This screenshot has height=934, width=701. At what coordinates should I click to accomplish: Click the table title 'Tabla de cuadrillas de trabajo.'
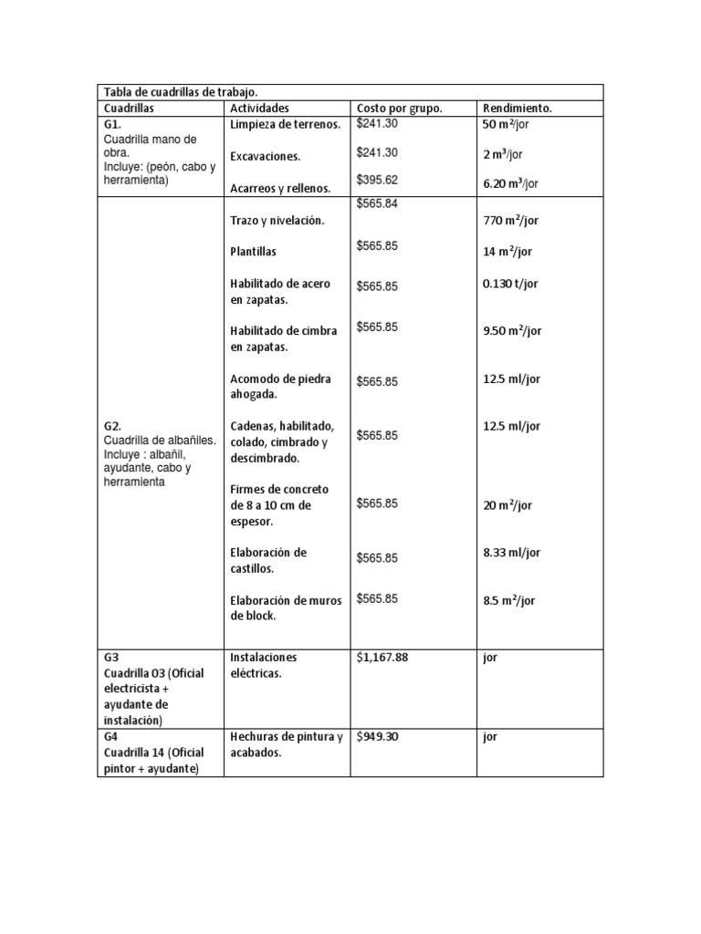[x=181, y=92]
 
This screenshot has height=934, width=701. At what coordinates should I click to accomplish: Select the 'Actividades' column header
[x=259, y=108]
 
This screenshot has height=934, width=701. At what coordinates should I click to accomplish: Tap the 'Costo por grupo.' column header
[x=399, y=108]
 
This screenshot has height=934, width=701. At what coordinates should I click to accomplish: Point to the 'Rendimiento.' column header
[x=518, y=108]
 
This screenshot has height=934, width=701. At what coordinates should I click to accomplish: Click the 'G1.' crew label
[x=113, y=124]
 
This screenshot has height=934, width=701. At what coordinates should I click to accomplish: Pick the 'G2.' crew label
[x=113, y=426]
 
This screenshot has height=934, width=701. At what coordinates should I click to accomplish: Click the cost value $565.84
[x=377, y=203]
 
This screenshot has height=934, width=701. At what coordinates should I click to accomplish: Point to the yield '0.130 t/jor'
[x=510, y=284]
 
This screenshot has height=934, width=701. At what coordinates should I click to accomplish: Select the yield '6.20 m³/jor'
[x=511, y=183]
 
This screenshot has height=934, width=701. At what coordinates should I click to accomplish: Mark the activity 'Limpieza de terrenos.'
[x=286, y=124]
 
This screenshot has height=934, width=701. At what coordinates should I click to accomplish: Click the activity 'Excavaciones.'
[x=266, y=156]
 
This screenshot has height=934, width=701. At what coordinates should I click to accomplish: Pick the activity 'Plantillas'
[x=253, y=251]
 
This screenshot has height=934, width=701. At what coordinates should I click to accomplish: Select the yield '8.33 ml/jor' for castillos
[x=511, y=553]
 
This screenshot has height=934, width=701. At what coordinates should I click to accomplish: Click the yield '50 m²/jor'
[x=510, y=124]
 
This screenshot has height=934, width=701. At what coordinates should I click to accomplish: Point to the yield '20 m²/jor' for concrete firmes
[x=507, y=505]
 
